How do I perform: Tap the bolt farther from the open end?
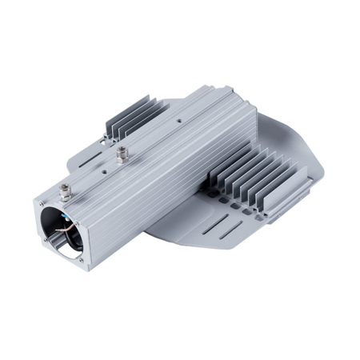click(121, 151)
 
